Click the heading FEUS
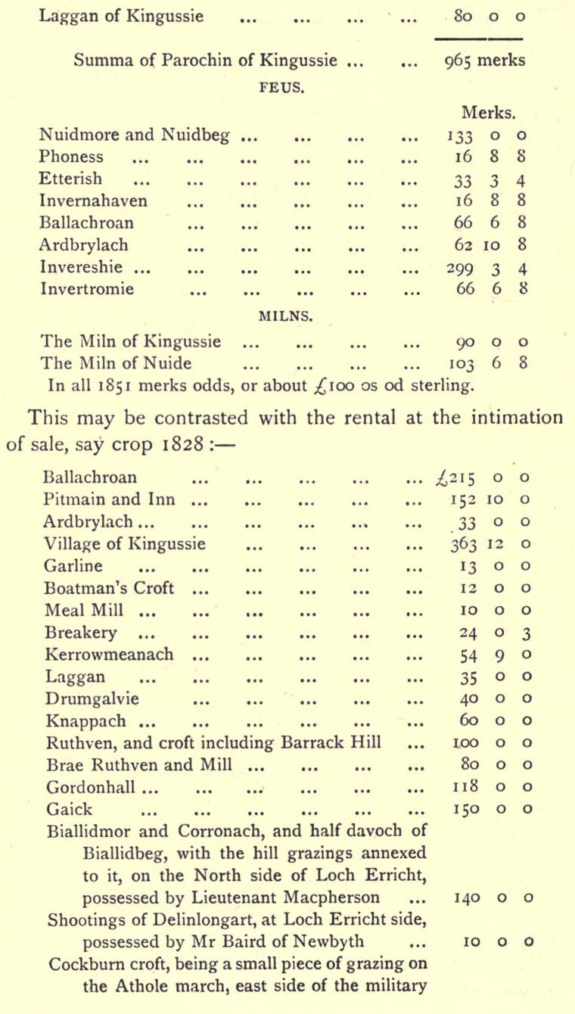(282, 86)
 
